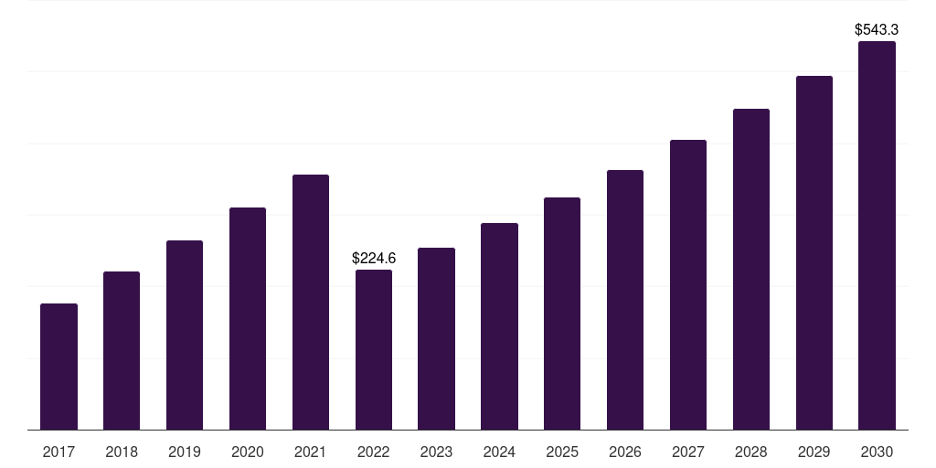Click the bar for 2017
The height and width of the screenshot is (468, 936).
[58, 367]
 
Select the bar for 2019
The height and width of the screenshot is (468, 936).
[185, 335]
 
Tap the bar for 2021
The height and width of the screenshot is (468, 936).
[311, 302]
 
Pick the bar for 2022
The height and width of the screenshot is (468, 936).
[374, 349]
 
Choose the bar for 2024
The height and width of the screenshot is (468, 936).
[499, 326]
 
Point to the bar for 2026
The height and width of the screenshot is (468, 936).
[625, 300]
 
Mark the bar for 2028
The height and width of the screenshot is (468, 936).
[751, 269]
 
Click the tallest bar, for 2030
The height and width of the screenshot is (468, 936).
[877, 235]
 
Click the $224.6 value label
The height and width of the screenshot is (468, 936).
[374, 259]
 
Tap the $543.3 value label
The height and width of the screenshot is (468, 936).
[877, 30]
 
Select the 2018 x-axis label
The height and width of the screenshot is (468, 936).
[122, 452]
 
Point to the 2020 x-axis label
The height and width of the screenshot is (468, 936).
[248, 452]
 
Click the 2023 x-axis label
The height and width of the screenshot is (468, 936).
[436, 452]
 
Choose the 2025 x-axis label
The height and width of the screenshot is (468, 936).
[562, 452]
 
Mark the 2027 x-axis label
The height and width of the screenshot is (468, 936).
[688, 452]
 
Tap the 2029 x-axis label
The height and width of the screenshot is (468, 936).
[814, 452]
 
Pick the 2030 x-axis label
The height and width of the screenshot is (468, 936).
[877, 452]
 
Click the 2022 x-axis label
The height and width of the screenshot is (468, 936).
[374, 452]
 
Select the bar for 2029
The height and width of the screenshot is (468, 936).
[814, 252]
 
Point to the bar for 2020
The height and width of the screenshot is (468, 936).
[248, 318]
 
